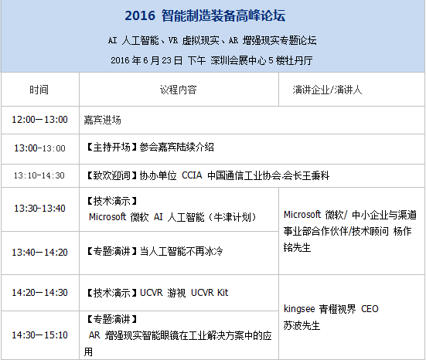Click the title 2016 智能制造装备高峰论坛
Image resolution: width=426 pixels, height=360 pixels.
pos(213,14)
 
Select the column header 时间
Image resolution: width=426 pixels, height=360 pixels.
pos(39,90)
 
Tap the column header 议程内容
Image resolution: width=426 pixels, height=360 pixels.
pos(178,90)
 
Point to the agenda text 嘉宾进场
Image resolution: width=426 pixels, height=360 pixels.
pos(102,121)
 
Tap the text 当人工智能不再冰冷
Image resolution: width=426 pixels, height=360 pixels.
pos(182,252)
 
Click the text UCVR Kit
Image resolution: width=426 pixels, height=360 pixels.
pos(210,293)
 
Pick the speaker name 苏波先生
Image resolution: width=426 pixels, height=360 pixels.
pos(302,325)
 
